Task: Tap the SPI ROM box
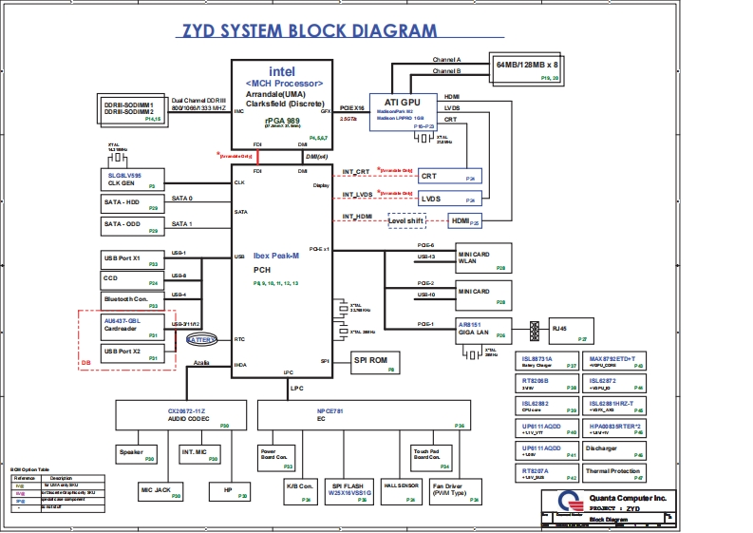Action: pos(372,361)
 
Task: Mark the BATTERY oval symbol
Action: pos(201,338)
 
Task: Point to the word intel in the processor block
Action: pos(282,71)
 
